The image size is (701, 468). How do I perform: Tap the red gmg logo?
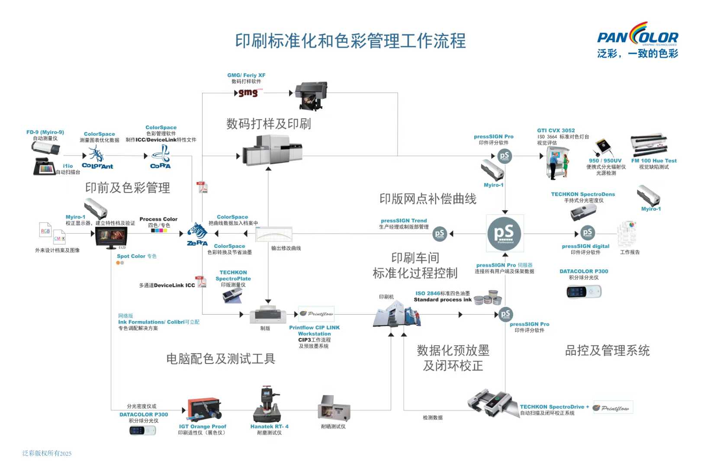(x=248, y=93)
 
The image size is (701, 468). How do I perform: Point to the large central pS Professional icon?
(x=505, y=233)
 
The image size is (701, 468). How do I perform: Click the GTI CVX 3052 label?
(x=556, y=130)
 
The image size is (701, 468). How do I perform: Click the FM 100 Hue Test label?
(x=653, y=161)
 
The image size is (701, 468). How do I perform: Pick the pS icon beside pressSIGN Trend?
(x=439, y=234)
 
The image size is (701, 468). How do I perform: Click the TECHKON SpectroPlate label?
(x=233, y=276)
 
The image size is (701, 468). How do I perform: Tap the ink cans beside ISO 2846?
(x=488, y=298)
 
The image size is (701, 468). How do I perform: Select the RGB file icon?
(x=45, y=230)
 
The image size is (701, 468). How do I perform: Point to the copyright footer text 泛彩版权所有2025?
(x=47, y=453)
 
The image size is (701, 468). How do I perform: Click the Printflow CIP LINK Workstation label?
(x=314, y=331)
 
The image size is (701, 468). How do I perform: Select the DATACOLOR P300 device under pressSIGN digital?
(x=584, y=292)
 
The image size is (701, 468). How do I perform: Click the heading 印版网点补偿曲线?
(x=428, y=199)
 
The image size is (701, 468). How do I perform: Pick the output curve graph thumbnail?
(x=273, y=234)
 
